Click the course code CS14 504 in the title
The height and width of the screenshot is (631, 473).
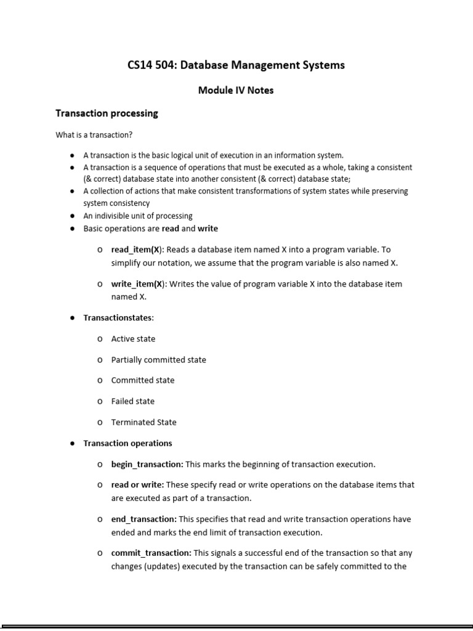(x=150, y=65)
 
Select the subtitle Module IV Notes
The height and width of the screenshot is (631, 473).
(x=235, y=90)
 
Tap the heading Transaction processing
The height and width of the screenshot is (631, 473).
(x=107, y=113)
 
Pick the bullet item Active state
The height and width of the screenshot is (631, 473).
(x=133, y=339)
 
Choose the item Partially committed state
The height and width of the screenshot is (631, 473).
(x=158, y=360)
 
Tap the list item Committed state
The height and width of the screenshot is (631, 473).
(x=142, y=380)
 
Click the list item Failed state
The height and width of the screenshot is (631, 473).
(x=132, y=401)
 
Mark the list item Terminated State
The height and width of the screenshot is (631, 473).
(x=144, y=422)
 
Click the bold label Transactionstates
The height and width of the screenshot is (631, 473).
(x=118, y=318)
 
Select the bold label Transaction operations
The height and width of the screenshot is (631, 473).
(x=127, y=443)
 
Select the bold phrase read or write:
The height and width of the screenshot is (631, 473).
(x=137, y=485)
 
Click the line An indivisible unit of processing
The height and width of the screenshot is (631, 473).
(x=138, y=216)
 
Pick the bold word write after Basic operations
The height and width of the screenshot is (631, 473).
(x=208, y=229)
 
